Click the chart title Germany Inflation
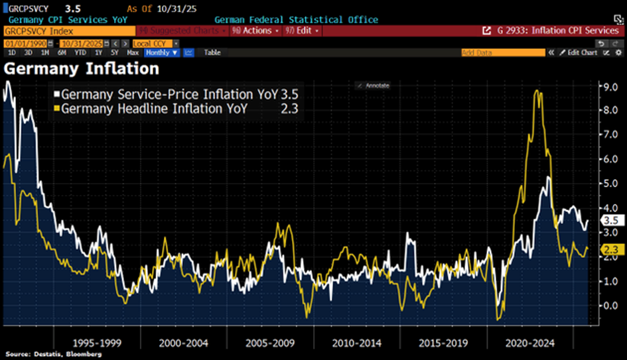click(81, 68)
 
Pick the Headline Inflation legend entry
click(154, 109)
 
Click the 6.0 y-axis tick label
click(609, 159)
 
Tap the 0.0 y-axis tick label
click(609, 306)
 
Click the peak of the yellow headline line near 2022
click(536, 92)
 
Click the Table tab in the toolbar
click(212, 52)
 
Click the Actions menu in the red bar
click(253, 30)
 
